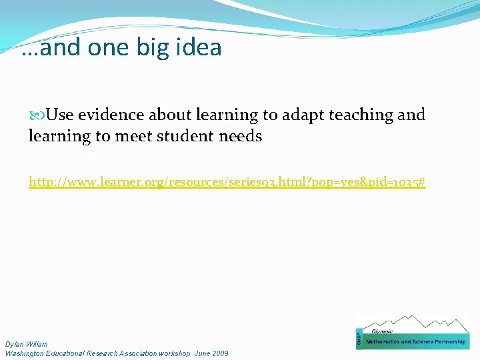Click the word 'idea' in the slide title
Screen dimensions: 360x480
click(x=197, y=48)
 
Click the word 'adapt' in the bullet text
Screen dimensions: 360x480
click(x=299, y=115)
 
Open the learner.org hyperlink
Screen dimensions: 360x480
click(x=227, y=181)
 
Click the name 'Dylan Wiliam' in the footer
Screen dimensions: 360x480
click(x=26, y=344)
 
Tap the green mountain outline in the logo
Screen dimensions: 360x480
click(x=427, y=325)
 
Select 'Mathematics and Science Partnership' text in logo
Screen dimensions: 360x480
click(x=417, y=342)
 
